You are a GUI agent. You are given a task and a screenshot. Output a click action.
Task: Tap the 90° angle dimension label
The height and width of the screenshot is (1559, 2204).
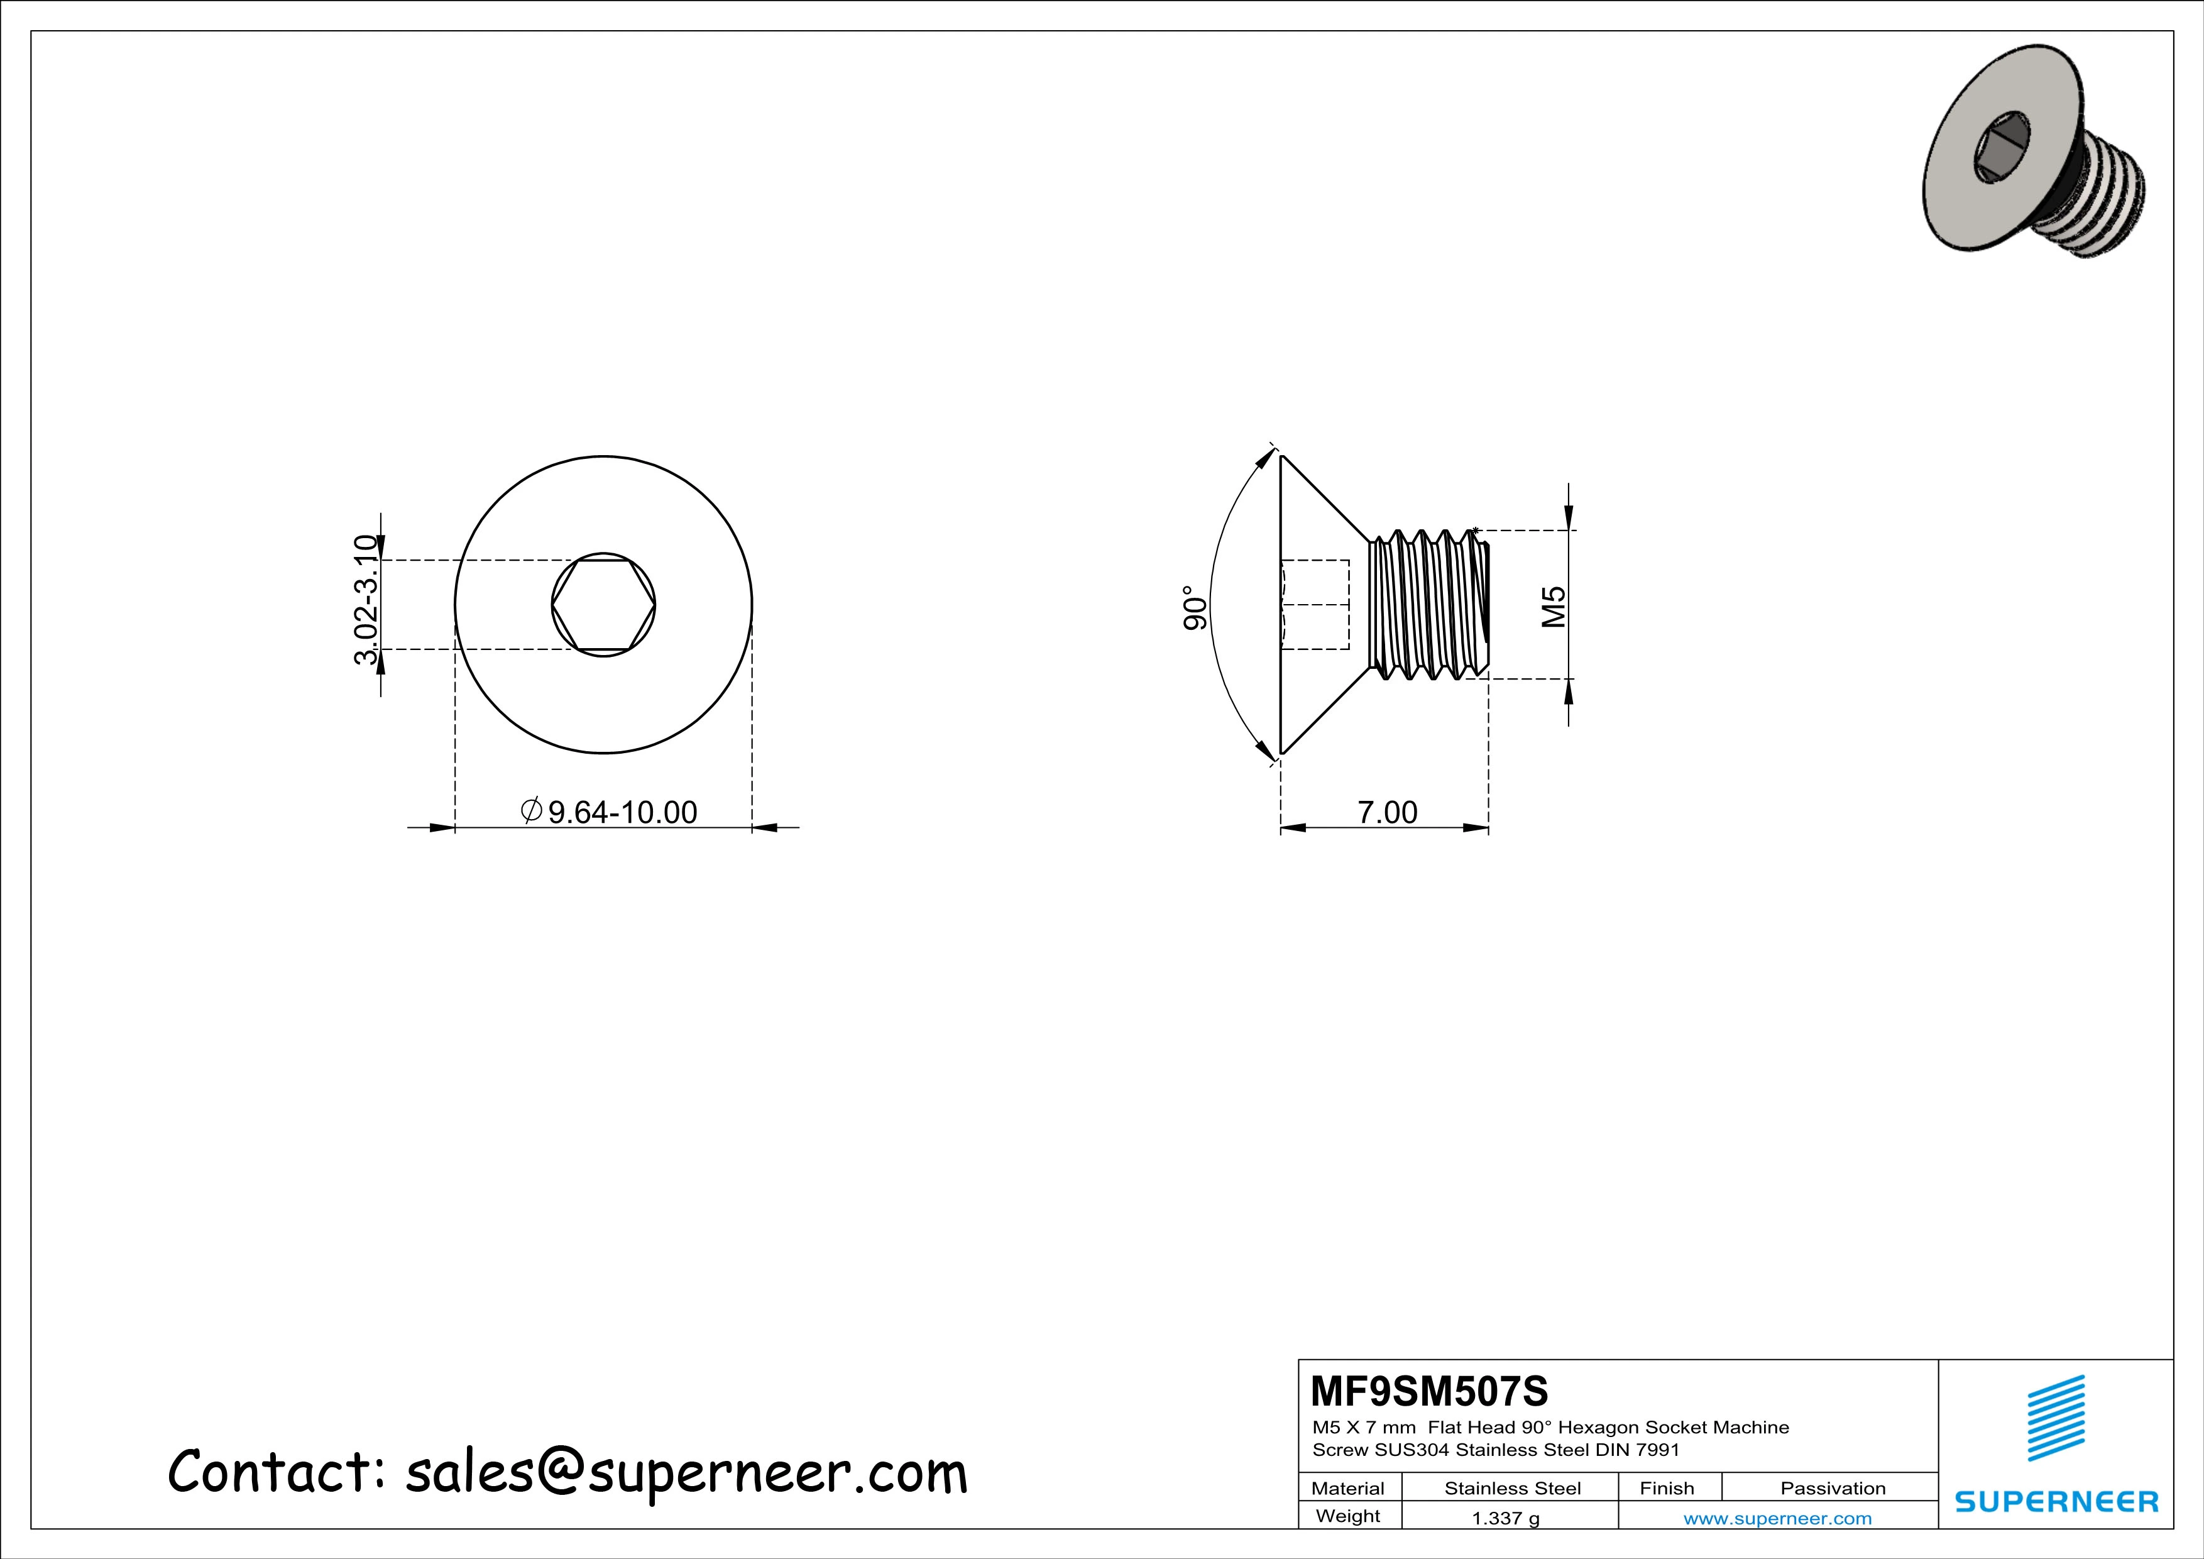coord(1193,608)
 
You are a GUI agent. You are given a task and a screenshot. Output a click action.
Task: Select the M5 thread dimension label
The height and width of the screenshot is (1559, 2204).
coord(1554,607)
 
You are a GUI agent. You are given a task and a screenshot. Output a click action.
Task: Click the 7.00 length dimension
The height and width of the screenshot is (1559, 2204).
coord(1387,813)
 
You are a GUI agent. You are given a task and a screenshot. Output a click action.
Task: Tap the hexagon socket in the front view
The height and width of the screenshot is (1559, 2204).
coord(604,605)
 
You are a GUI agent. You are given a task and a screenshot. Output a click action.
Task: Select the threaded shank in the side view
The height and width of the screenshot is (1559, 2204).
coord(1427,605)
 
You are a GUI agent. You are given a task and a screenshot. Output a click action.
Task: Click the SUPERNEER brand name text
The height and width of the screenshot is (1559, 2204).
coord(2056,1501)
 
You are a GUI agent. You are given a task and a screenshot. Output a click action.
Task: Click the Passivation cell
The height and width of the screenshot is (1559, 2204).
coord(1833,1488)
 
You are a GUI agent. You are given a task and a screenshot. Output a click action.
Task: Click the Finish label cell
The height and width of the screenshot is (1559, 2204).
coord(1667,1488)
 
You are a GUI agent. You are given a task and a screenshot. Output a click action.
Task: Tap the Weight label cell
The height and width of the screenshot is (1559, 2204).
coord(1348,1516)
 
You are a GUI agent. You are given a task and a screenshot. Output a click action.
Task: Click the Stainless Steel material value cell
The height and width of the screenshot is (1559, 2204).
coord(1512,1488)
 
